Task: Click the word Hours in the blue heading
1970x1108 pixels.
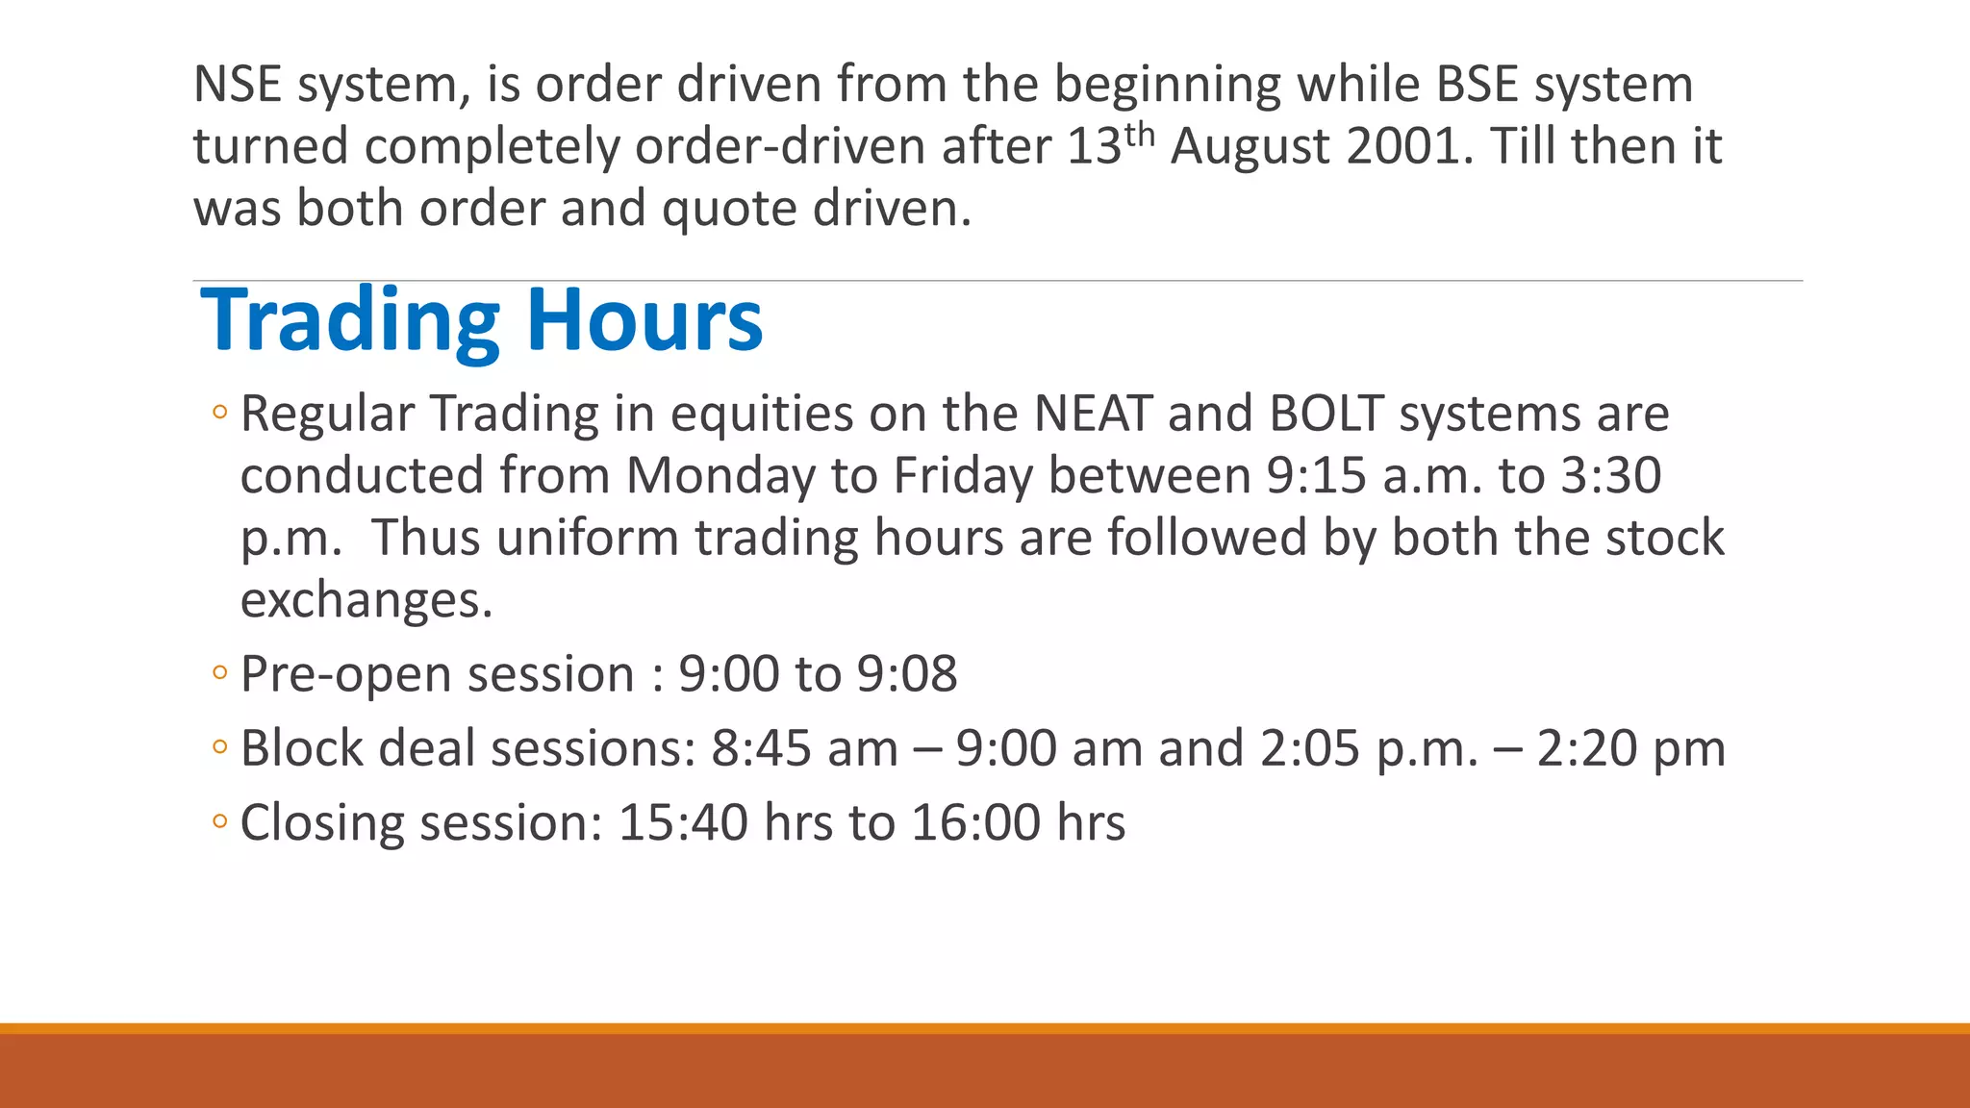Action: point(644,321)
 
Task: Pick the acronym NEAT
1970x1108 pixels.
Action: point(1093,415)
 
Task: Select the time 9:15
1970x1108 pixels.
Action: point(1315,476)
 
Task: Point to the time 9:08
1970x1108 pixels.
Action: point(907,674)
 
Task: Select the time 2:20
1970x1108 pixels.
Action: point(1586,749)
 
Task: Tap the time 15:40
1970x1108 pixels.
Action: point(683,823)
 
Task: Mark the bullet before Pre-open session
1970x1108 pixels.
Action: point(219,673)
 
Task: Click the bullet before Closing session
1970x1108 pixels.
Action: point(219,822)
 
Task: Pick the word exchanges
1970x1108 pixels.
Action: point(366,601)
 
